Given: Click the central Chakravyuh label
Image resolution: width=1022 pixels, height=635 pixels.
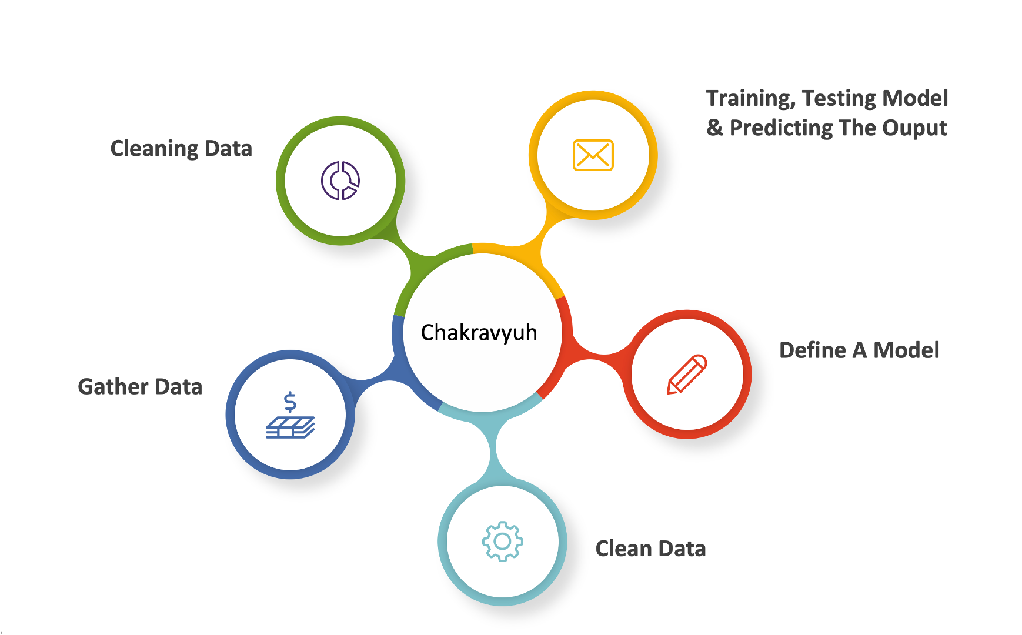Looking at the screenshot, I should click(479, 333).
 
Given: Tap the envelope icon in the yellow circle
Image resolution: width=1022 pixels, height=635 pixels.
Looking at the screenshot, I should click(593, 155).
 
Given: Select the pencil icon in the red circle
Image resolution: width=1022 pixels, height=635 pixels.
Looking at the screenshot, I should click(687, 374).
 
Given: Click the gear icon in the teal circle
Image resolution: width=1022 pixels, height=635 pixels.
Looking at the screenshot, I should click(502, 541).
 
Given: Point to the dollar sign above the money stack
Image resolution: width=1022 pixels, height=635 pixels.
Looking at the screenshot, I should click(290, 402).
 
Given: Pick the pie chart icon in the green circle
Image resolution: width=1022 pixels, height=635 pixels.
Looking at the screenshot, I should click(340, 181).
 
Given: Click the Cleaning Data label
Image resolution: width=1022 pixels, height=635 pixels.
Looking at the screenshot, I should click(181, 149).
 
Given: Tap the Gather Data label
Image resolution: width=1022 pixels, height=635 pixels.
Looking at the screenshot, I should click(140, 387).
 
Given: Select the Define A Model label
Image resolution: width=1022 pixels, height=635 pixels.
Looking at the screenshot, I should click(859, 350).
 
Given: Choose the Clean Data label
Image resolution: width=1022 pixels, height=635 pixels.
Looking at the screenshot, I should click(650, 549).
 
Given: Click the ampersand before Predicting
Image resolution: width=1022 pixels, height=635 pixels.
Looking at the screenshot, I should click(714, 128).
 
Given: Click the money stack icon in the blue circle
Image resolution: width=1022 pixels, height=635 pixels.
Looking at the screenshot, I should click(290, 427).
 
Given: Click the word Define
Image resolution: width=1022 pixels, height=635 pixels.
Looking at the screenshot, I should click(813, 350).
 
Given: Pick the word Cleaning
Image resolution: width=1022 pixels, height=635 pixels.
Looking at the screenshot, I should click(154, 149).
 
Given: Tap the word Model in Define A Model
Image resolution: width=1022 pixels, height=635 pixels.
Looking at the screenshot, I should click(906, 350).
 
